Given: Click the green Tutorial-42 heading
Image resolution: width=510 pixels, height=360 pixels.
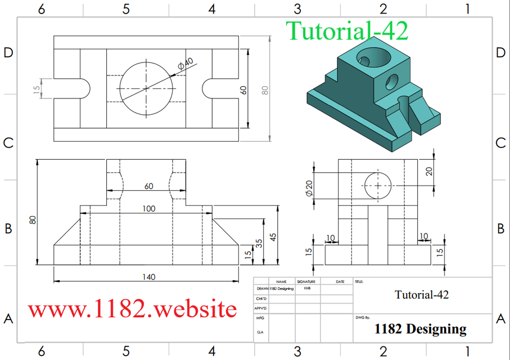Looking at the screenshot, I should [346, 31].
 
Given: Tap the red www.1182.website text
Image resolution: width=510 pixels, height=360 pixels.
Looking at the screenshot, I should [133, 309].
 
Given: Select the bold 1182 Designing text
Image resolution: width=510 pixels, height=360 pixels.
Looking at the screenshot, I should [420, 329].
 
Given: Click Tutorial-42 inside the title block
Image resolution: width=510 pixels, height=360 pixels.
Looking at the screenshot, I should [422, 294].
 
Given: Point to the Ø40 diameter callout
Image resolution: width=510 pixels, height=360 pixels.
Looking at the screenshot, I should [185, 65].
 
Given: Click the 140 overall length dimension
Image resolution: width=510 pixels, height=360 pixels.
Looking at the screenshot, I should [148, 277].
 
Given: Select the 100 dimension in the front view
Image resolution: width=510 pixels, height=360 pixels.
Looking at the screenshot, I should [148, 209].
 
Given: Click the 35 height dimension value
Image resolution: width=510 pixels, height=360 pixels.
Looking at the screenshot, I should [259, 244].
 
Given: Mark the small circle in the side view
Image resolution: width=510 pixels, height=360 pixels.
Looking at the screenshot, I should [378, 185].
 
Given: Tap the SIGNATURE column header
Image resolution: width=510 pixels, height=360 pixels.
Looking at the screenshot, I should [306, 281].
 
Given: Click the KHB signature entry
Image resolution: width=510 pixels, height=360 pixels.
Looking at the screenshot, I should [307, 288].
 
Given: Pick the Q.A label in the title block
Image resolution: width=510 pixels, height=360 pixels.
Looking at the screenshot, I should [260, 332].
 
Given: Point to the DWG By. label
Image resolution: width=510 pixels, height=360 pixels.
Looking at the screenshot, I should [363, 318].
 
